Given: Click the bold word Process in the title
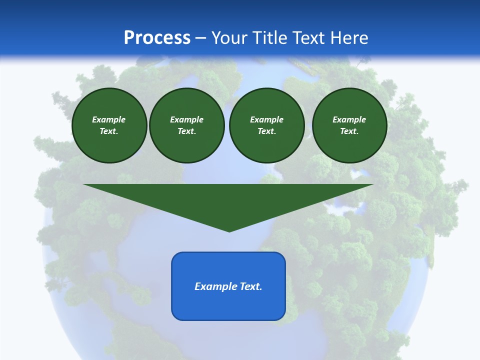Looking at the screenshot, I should click(x=157, y=38).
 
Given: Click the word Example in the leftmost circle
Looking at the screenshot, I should click(x=109, y=119).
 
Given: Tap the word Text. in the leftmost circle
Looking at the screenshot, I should click(x=109, y=131).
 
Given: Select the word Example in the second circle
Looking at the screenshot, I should click(x=186, y=119).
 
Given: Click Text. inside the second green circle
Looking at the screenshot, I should click(x=186, y=131).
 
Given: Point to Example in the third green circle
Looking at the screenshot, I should click(x=266, y=119).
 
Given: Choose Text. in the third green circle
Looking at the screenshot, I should click(x=266, y=131).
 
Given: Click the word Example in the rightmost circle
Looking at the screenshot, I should click(x=349, y=119).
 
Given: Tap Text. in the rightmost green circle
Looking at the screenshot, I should click(x=349, y=131).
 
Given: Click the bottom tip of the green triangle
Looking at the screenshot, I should click(x=229, y=230).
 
